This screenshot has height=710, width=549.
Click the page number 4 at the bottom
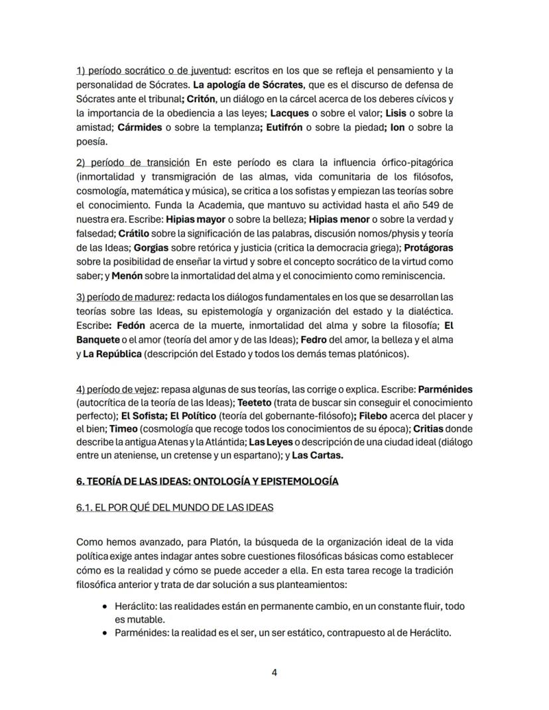point(274,673)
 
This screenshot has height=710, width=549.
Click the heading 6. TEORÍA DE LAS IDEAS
point(208,481)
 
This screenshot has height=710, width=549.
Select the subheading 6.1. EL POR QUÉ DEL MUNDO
point(175,508)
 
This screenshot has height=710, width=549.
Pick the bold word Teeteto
point(254,402)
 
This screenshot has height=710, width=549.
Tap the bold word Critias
point(437,430)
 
